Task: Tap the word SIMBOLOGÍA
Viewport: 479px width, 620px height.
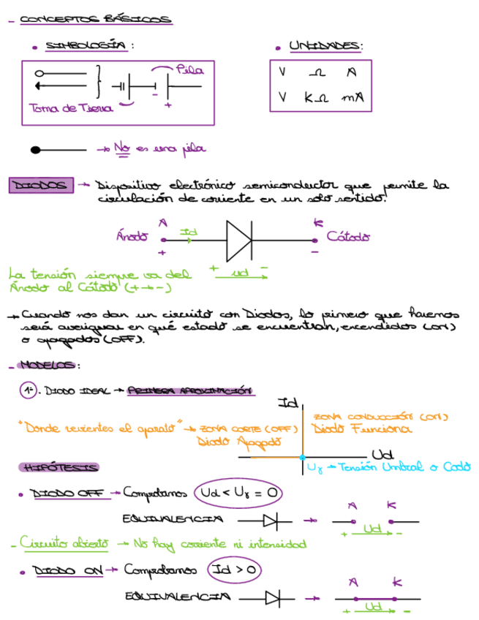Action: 86,46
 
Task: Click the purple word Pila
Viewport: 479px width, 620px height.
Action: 189,70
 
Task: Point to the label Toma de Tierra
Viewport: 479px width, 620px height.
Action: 70,108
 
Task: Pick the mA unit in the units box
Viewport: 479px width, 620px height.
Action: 352,97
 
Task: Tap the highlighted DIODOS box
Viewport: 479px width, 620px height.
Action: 42,186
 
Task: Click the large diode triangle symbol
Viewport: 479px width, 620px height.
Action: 239,238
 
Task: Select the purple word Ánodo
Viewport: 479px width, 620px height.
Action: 132,236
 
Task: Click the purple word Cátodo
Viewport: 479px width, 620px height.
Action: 348,236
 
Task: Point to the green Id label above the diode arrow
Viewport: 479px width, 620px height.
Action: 189,232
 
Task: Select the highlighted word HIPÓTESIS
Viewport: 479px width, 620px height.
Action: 61,466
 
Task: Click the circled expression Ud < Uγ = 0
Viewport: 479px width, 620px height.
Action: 238,494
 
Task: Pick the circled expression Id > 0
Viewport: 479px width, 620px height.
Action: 235,568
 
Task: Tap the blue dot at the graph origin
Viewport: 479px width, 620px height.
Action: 302,457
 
